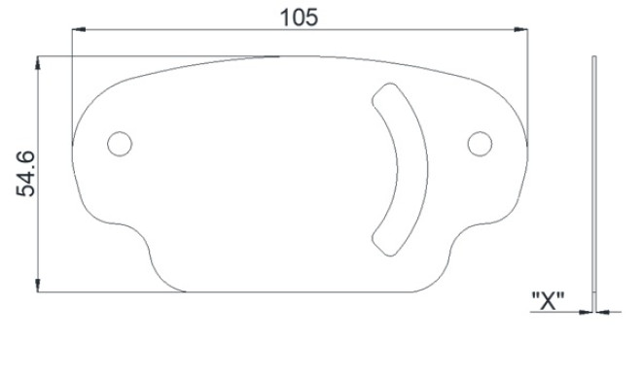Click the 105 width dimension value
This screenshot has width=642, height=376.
click(x=299, y=18)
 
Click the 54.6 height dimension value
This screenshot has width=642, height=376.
click(x=25, y=174)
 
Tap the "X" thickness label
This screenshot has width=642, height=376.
click(x=548, y=301)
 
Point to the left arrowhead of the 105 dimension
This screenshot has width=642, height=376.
click(x=78, y=29)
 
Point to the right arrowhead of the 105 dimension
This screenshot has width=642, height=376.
click(x=521, y=29)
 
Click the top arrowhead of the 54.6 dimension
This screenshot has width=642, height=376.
click(x=38, y=62)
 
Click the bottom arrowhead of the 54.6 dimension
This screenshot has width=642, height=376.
click(x=38, y=286)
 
